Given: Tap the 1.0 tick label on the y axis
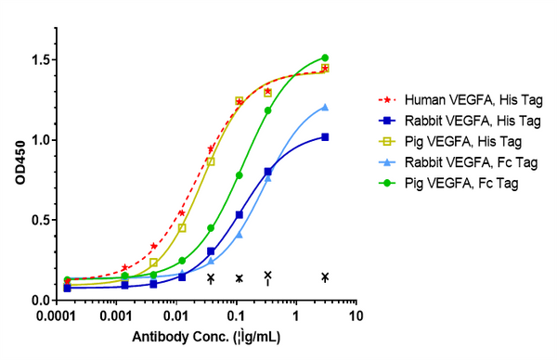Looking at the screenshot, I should tap(43, 141).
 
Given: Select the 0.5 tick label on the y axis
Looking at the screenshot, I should tap(43, 221).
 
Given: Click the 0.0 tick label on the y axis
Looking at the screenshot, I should tap(43, 301).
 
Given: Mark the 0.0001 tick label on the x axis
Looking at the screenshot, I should tap(59, 317).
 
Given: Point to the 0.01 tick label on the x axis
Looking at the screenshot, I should tap(177, 317).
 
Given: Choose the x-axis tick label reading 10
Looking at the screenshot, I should tap(355, 317).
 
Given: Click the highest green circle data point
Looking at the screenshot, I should tap(325, 58).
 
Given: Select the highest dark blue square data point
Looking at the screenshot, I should tap(325, 137).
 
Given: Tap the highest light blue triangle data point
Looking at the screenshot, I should tap(325, 107).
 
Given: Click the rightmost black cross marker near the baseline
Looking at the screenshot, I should tap(325, 276).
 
